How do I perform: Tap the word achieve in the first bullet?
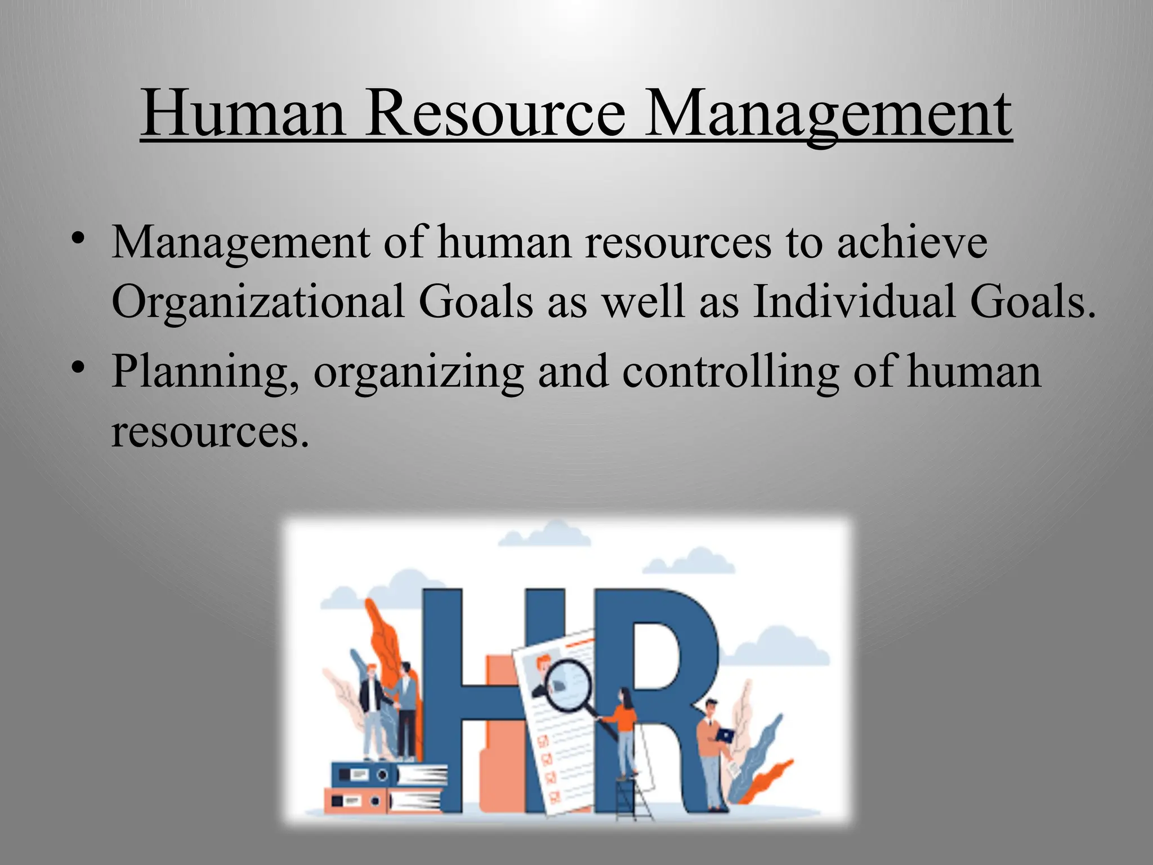[x=912, y=243]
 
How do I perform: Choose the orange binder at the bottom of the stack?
[x=355, y=800]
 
